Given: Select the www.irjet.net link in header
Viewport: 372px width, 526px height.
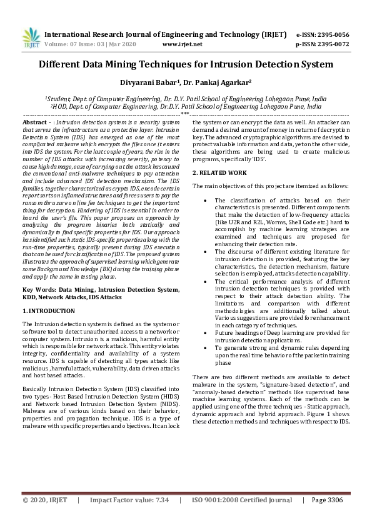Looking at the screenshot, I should click(182, 44).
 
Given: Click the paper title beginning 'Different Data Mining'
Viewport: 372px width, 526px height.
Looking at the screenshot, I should click(186, 64).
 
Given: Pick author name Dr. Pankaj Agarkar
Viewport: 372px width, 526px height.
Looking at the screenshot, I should click(211, 83).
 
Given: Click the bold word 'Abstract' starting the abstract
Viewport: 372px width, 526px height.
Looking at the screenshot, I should click(35, 122).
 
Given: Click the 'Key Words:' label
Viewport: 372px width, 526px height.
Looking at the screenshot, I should click(38, 290).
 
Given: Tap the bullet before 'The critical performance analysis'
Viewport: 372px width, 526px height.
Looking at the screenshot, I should click(208, 282).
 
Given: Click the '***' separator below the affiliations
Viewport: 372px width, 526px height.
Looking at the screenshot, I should click(185, 114).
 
